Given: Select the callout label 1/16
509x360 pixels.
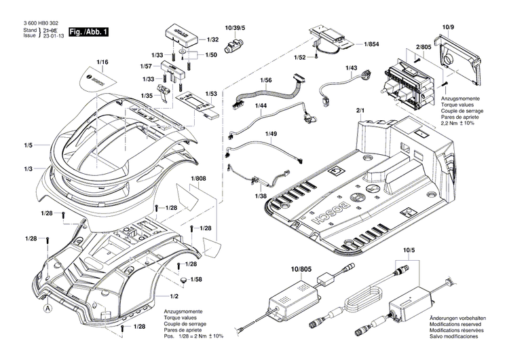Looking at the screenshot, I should tap(102, 62).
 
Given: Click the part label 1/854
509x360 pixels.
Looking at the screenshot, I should tap(371, 44).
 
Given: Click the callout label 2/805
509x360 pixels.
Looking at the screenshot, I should tap(424, 47).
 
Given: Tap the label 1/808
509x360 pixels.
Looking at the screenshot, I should tap(198, 179).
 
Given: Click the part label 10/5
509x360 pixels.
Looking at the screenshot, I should tap(409, 251).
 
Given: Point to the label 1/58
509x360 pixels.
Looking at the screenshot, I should tap(196, 280).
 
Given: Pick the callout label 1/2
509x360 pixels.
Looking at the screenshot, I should tap(174, 296).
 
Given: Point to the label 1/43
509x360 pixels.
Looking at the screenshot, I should tap(351, 69).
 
